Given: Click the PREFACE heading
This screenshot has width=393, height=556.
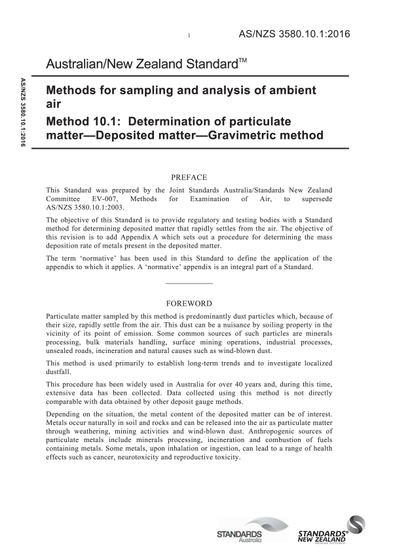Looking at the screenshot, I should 189,177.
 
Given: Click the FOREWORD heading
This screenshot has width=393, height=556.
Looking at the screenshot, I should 189,304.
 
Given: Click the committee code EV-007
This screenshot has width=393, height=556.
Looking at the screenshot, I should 107,198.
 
